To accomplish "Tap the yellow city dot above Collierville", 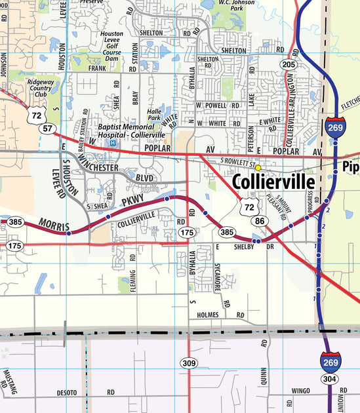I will [258, 168].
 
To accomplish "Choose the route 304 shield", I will [330, 379].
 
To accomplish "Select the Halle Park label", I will [154, 115].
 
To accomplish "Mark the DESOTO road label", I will [66, 393].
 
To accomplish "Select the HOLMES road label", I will [207, 315].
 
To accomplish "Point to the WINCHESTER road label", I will [98, 168].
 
